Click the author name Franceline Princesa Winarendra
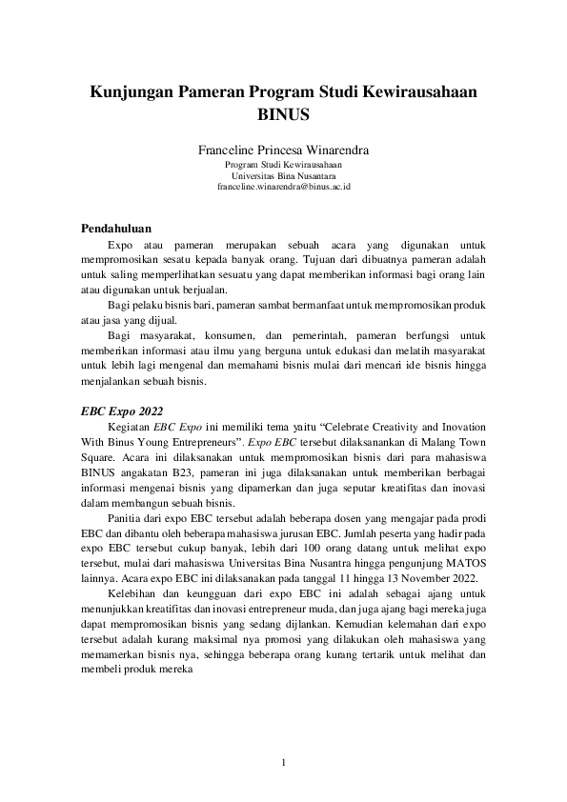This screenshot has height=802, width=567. coord(283,150)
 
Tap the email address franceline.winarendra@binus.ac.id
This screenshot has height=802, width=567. coord(283,188)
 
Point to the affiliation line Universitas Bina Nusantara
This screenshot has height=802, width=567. coord(283,176)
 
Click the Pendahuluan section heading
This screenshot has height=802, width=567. coord(115,229)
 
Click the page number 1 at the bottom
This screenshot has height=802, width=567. coord(283,762)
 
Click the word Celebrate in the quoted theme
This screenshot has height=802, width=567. coord(334,429)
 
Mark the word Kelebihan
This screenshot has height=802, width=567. coord(132,592)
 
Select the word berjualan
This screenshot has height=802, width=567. coord(201,290)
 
